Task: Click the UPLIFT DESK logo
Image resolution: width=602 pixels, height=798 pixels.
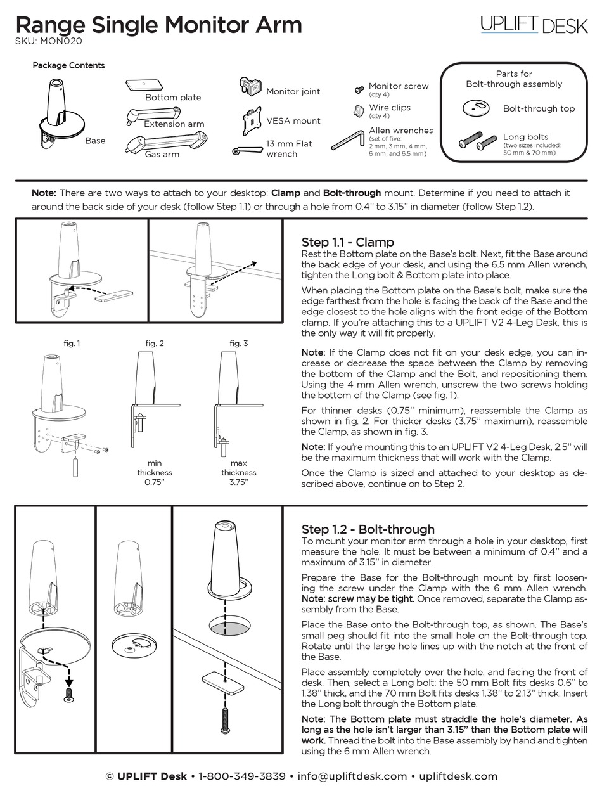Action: tap(534, 25)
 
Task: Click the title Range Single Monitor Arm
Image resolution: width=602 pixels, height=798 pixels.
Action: tap(158, 25)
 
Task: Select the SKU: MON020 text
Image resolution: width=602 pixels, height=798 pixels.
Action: tap(48, 42)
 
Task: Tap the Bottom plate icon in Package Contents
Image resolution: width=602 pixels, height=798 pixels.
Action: tap(145, 85)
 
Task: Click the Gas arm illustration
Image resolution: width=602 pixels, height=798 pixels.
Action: tap(166, 141)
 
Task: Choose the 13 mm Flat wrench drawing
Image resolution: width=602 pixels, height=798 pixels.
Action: tap(248, 150)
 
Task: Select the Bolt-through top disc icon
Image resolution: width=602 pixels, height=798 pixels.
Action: tap(477, 108)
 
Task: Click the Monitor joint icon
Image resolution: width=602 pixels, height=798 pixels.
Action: tap(251, 86)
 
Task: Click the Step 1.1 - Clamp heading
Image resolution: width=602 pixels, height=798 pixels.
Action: tap(347, 242)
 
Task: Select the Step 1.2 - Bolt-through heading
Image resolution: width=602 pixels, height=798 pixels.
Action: tap(368, 529)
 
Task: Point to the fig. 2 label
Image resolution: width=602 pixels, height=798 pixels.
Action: tap(155, 343)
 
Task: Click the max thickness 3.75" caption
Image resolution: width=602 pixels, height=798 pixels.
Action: tap(239, 472)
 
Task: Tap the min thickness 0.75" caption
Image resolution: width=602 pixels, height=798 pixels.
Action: tap(155, 472)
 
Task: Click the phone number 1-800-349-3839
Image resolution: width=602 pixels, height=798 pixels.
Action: tap(241, 776)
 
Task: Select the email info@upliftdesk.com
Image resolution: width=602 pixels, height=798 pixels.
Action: tap(352, 776)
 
